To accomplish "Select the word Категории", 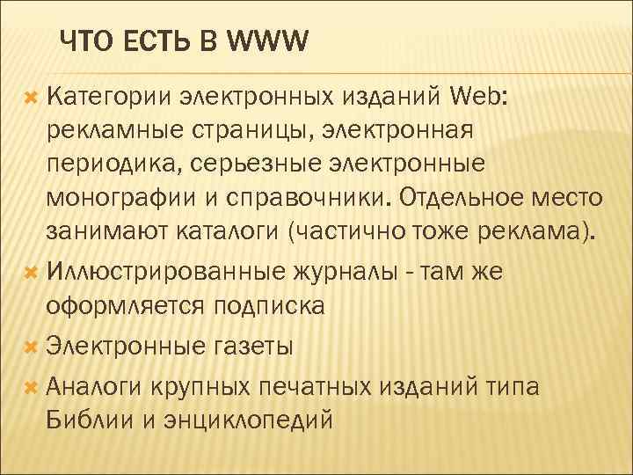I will (110, 96).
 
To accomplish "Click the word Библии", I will (87, 420).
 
